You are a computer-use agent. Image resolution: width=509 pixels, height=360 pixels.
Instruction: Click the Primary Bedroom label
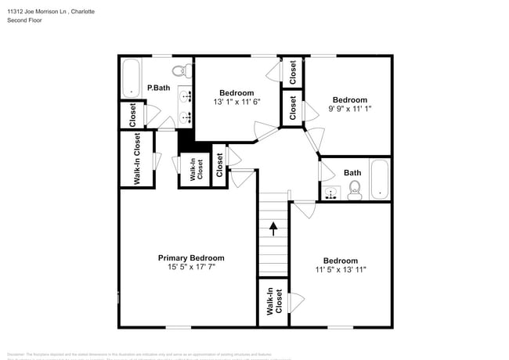(x=191, y=257)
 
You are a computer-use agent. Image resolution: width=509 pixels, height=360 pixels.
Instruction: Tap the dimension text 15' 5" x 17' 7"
(x=191, y=267)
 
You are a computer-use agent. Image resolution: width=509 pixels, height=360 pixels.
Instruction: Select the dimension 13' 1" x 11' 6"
(x=236, y=102)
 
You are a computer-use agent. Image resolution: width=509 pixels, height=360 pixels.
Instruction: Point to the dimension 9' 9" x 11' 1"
(x=349, y=109)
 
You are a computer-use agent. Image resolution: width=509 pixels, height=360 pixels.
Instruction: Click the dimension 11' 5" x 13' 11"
(x=341, y=270)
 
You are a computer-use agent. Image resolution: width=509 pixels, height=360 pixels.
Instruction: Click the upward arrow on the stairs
(x=273, y=229)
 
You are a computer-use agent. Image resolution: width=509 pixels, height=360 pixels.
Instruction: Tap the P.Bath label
(x=159, y=88)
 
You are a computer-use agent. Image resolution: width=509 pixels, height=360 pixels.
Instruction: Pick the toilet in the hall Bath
(x=354, y=190)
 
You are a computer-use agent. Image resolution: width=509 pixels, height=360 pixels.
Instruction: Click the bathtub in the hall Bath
(x=380, y=180)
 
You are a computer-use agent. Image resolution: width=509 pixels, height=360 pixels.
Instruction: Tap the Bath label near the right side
(x=352, y=173)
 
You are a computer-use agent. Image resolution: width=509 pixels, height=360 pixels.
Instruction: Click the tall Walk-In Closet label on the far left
(x=137, y=159)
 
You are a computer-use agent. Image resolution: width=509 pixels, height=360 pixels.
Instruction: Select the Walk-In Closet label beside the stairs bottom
(x=273, y=302)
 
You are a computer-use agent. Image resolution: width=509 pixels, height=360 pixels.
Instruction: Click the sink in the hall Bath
(x=330, y=193)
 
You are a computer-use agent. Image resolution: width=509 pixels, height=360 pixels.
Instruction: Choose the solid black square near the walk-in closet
(x=186, y=141)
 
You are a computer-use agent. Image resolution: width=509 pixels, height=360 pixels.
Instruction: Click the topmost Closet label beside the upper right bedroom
(x=293, y=72)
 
